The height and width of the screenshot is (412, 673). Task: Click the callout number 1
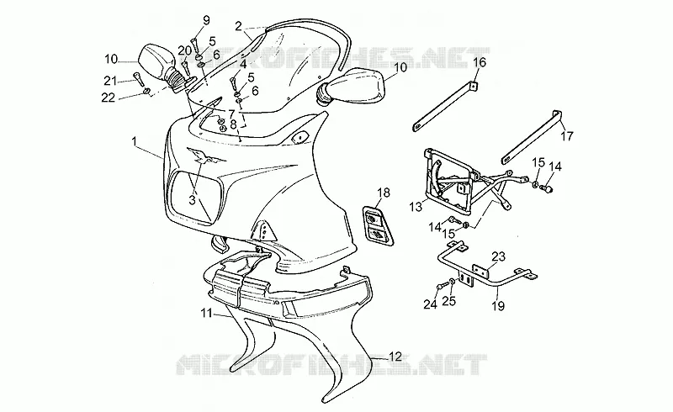pyautogui.click(x=135, y=140)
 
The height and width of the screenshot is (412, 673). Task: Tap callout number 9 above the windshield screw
pyautogui.click(x=206, y=20)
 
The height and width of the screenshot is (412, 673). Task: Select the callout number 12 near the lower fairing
pyautogui.click(x=395, y=357)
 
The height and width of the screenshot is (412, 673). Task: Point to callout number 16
pyautogui.click(x=480, y=63)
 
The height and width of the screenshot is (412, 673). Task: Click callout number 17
pyautogui.click(x=566, y=136)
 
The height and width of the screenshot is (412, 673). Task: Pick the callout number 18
pyautogui.click(x=384, y=193)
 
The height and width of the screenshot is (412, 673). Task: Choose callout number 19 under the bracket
pyautogui.click(x=498, y=306)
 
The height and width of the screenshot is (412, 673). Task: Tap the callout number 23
pyautogui.click(x=498, y=256)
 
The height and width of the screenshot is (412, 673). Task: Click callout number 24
pyautogui.click(x=430, y=304)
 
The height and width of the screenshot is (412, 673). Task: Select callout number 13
pyautogui.click(x=416, y=207)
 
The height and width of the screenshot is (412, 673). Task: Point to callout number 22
pyautogui.click(x=109, y=98)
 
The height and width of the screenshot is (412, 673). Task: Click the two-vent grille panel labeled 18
pyautogui.click(x=379, y=226)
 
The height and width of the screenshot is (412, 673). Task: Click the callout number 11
pyautogui.click(x=207, y=314)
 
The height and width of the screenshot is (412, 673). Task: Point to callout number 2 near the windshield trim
pyautogui.click(x=239, y=27)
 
